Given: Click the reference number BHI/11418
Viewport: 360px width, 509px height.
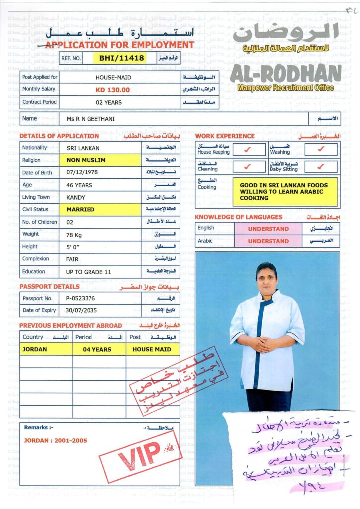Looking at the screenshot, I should tap(122, 58).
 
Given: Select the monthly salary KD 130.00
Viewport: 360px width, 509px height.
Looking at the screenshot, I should tap(113, 90).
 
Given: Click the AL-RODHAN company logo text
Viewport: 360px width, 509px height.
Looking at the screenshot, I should tap(285, 74).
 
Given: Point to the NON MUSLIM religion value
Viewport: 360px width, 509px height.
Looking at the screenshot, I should tap(86, 160).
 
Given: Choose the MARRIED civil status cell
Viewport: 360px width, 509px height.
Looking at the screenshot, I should tap(81, 209).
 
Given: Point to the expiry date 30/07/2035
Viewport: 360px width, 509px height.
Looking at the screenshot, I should tap(82, 310).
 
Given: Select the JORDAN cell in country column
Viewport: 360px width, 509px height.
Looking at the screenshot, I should tap(35, 349).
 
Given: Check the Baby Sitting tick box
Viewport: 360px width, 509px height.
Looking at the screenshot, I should tap(320, 166).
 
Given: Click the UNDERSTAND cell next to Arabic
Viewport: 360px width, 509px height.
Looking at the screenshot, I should tap(268, 241).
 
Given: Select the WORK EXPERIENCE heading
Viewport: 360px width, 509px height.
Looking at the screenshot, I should tap(225, 136).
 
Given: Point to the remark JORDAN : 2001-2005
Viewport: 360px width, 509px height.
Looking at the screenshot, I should tap(55, 440).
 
